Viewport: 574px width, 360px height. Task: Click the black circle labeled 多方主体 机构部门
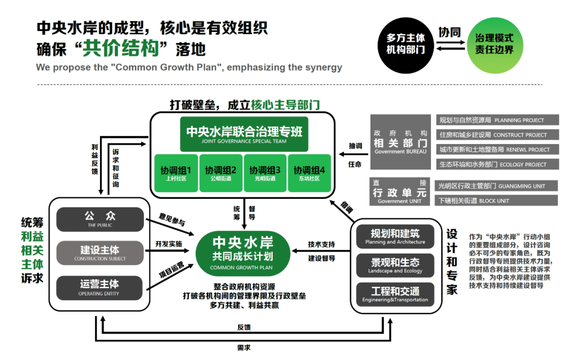(x=406, y=44)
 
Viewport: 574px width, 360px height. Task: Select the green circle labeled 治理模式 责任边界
(x=494, y=44)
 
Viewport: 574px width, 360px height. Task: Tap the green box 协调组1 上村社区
(x=176, y=173)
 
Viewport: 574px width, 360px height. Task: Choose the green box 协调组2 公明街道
(x=221, y=173)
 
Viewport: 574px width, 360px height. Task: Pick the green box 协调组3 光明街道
(x=265, y=173)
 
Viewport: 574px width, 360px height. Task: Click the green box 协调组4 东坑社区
(x=309, y=173)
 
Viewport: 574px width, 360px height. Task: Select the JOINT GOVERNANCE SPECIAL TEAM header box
(x=244, y=134)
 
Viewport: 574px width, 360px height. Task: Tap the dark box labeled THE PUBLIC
(x=100, y=220)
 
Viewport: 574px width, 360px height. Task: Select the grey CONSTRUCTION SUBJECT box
(x=100, y=253)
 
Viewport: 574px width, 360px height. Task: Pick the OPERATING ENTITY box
(x=100, y=287)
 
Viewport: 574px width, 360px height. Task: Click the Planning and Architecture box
(x=395, y=236)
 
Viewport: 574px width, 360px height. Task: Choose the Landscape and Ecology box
(x=395, y=265)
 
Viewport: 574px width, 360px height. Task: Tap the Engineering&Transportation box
(x=395, y=295)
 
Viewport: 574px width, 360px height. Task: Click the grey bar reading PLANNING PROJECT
(x=497, y=120)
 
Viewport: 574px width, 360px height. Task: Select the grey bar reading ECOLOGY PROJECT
(x=497, y=164)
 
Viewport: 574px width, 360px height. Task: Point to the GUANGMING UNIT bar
(x=495, y=186)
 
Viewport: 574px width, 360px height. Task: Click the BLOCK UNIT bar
(x=495, y=200)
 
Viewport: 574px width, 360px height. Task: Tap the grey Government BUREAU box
(x=401, y=142)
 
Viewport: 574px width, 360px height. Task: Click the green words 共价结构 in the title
(x=121, y=49)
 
